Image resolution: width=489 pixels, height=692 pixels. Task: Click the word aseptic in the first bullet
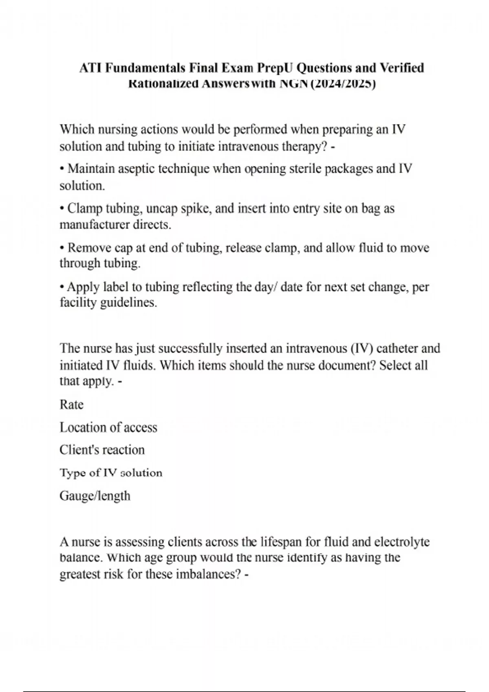137,169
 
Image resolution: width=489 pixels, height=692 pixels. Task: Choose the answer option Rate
71,405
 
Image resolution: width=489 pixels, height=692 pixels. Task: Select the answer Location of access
108,427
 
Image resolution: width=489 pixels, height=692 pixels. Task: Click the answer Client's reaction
102,450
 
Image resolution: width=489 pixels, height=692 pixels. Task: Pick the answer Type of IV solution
111,473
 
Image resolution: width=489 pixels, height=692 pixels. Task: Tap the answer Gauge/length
95,496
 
